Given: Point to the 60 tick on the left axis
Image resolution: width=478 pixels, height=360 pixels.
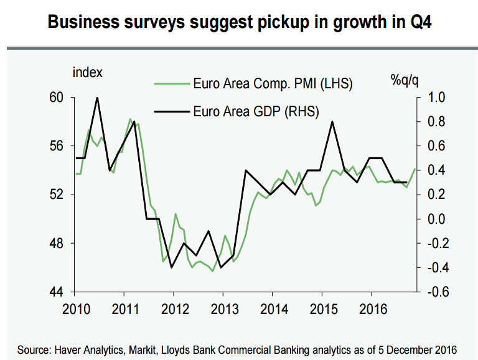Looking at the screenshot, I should [57, 98].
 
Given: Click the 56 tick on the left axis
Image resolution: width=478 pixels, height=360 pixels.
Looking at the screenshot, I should [57, 146].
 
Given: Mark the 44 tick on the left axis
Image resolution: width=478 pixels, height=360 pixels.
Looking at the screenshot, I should [57, 292].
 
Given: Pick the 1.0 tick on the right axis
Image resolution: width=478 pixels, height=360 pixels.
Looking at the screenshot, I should [434, 98].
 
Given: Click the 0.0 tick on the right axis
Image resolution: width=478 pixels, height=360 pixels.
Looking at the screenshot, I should [434, 219].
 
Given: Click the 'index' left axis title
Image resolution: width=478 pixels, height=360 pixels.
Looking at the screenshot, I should [87, 72].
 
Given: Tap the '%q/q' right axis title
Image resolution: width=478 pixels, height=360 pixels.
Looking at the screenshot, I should [405, 79].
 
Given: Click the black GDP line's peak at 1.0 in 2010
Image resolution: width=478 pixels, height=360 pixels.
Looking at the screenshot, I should [97, 98].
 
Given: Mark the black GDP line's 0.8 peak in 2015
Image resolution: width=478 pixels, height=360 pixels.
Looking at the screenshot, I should [332, 122].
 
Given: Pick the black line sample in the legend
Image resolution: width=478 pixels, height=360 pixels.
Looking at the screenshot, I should [171, 112].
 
